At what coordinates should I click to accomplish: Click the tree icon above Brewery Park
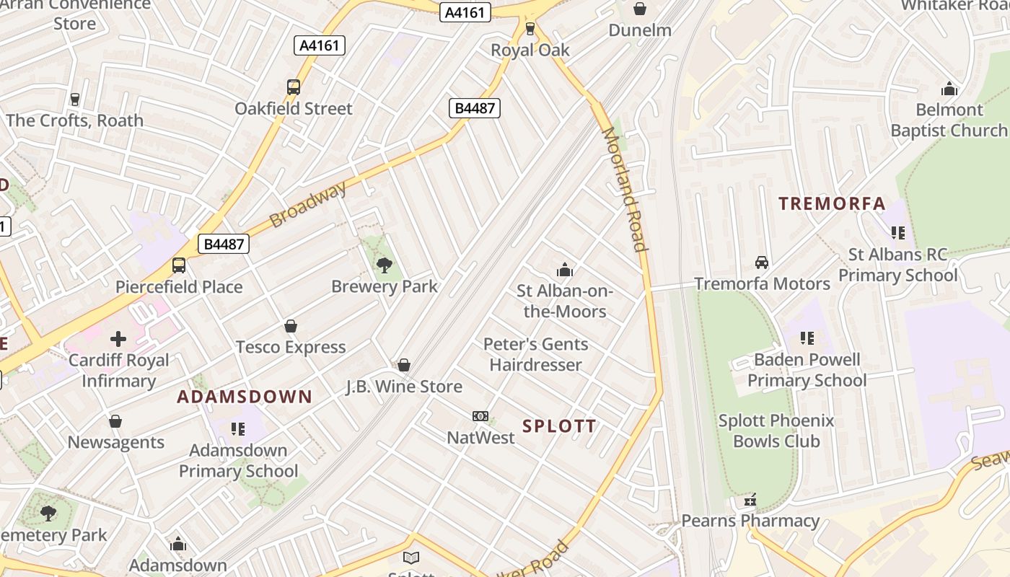tap(385, 265)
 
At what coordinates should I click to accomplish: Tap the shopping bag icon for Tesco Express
tap(291, 327)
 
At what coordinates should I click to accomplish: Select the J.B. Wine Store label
tap(404, 387)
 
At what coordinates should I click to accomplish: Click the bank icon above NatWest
tap(480, 416)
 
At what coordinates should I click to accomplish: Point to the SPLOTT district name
tap(560, 426)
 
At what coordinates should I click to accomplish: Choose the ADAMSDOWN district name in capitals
tap(245, 397)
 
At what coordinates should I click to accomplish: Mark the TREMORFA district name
tap(832, 204)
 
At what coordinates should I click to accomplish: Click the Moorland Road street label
tap(623, 189)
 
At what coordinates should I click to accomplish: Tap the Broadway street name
tap(308, 204)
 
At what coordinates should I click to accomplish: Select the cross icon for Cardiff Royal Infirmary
tap(118, 338)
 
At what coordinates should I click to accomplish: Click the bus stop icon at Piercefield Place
tap(179, 265)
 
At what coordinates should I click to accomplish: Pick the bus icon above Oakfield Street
tap(294, 87)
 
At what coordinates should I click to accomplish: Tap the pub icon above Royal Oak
tap(530, 29)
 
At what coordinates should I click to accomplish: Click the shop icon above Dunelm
tap(639, 9)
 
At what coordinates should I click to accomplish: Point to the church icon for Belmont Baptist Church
tap(949, 89)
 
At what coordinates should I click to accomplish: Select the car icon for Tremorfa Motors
tap(762, 263)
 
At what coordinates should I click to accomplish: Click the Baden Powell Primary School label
tap(807, 370)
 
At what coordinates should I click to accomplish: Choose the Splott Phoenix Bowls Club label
tap(776, 431)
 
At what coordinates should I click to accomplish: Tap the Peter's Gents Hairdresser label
tap(535, 355)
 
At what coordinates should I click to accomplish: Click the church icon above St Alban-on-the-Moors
tap(564, 270)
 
